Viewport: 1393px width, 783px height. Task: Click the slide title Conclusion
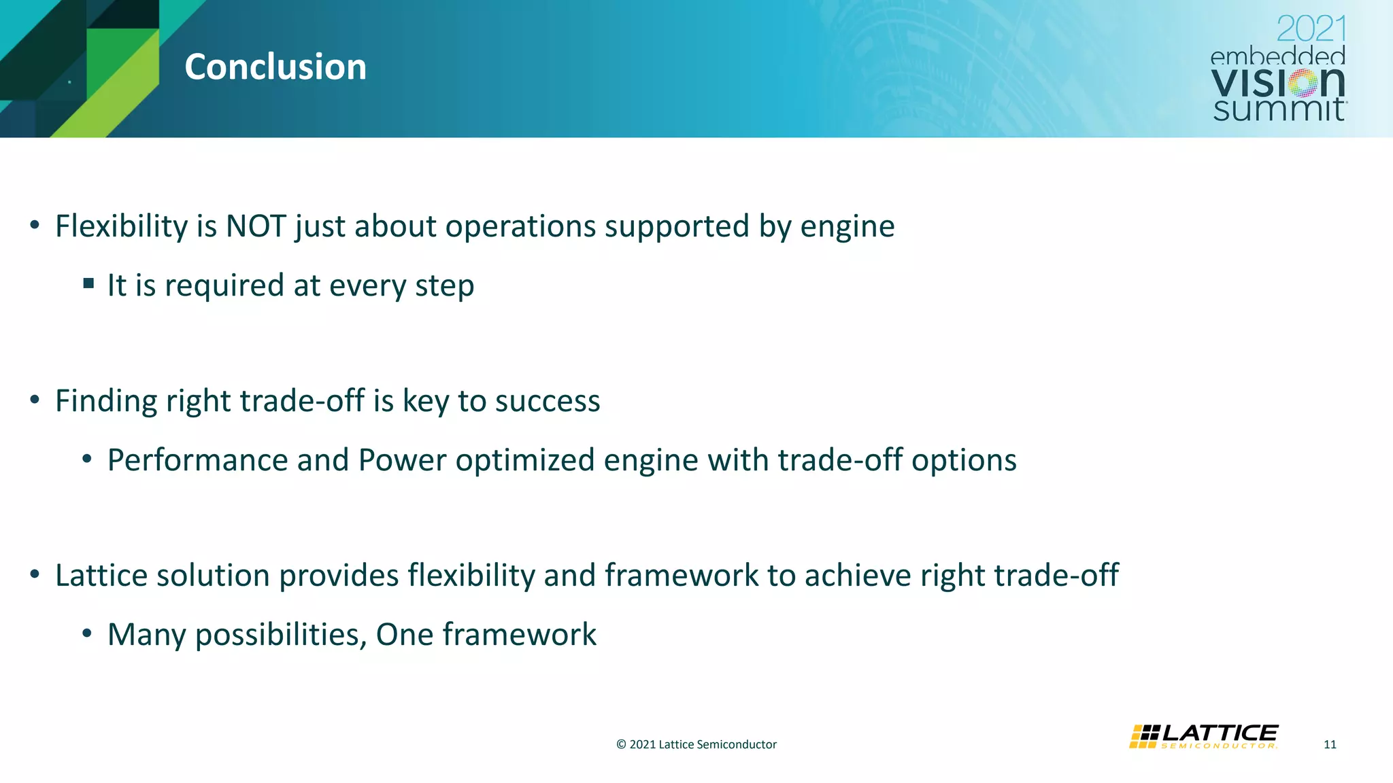point(275,67)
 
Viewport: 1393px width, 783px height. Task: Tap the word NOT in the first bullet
point(256,226)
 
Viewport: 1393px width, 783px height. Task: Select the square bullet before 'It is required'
point(88,283)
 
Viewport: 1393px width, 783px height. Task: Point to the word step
point(444,286)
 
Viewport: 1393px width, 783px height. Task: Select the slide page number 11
point(1330,744)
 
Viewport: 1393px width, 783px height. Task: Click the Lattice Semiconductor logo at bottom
point(1204,737)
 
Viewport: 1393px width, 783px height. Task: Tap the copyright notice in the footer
point(696,744)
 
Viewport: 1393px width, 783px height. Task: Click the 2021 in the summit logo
point(1311,29)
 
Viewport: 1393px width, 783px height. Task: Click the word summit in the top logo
point(1278,109)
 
